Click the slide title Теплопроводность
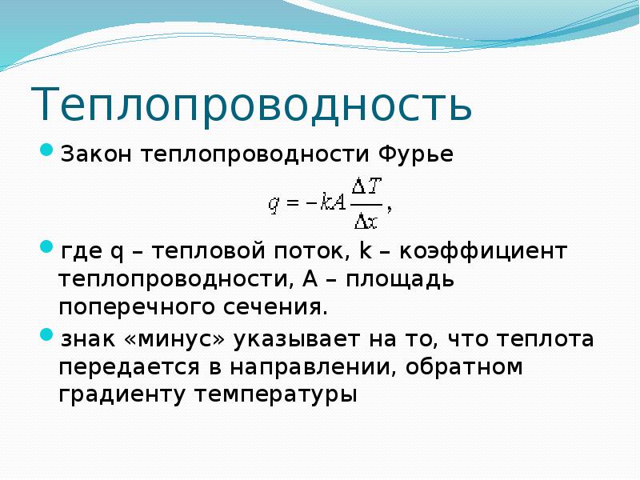coord(251,104)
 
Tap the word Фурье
coord(415,155)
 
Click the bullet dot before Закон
coord(46,150)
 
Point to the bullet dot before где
coord(46,246)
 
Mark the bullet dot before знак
coord(46,334)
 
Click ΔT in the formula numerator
coord(366,187)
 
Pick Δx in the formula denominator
coord(366,222)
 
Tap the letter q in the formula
coord(274,204)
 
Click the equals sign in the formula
coord(293,202)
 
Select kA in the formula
coord(333,202)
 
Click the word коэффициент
coord(483,250)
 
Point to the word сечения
coord(275,308)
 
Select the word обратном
coord(464,366)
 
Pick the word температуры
coord(275,395)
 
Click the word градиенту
coord(122,395)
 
